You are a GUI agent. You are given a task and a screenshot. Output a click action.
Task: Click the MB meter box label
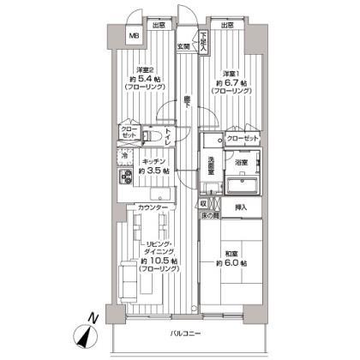tap(134, 35)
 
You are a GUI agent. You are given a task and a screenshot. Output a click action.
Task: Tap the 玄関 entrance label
tap(183, 45)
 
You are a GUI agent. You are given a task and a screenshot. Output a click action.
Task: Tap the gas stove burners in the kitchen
tap(123, 177)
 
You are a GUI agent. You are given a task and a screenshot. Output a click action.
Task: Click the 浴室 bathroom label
tap(243, 160)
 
